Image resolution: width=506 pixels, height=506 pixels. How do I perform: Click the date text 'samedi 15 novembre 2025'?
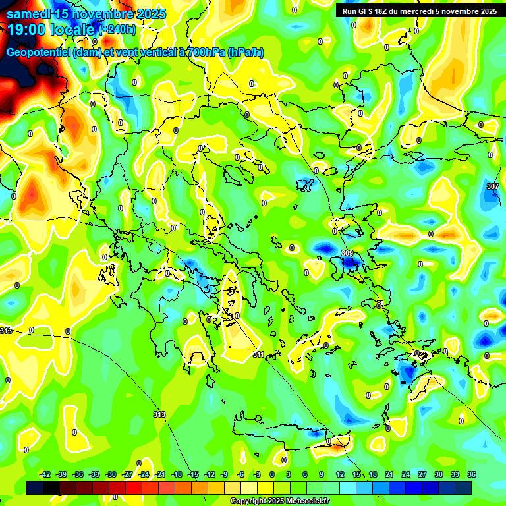click(x=86, y=14)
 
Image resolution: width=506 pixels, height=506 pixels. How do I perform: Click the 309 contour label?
click(x=347, y=254)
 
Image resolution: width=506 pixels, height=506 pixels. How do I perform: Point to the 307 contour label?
click(x=492, y=187)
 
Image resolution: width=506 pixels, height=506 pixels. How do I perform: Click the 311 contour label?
click(x=258, y=354)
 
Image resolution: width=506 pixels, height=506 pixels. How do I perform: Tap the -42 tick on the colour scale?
click(x=45, y=475)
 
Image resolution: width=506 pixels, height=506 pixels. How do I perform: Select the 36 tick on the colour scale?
click(x=472, y=475)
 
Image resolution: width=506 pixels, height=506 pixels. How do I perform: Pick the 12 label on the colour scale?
click(x=339, y=475)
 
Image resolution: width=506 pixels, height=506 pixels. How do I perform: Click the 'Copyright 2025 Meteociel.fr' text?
click(x=279, y=501)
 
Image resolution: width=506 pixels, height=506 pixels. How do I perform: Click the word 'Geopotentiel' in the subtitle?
click(x=39, y=52)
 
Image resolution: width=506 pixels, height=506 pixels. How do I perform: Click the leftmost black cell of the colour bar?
click(x=36, y=488)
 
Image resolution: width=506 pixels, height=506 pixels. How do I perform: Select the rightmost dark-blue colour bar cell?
click(x=463, y=488)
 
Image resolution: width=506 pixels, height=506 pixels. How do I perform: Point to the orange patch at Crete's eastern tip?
click(x=337, y=446)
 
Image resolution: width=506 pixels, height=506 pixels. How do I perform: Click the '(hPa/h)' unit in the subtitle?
click(x=245, y=52)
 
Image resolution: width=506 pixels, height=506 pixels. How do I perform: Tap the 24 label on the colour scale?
click(x=405, y=475)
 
